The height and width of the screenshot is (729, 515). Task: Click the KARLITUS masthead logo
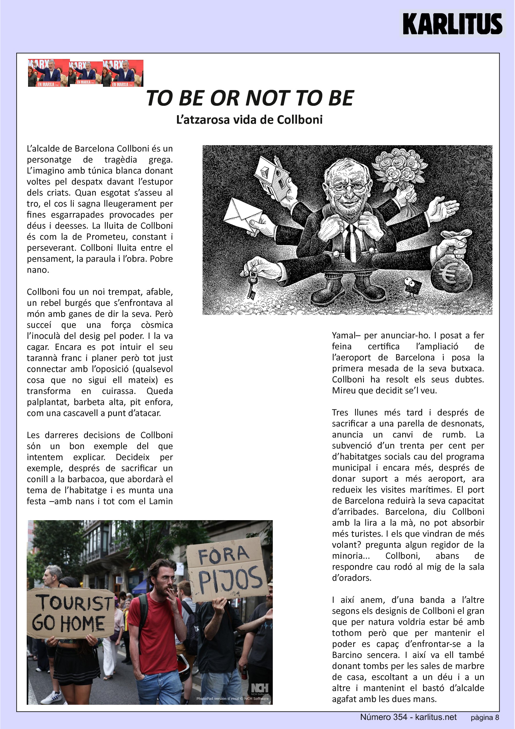click(452, 23)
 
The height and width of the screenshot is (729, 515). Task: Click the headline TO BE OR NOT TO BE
click(250, 98)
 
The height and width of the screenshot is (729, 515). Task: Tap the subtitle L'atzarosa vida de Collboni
click(249, 120)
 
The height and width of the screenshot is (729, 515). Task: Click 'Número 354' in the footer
click(383, 717)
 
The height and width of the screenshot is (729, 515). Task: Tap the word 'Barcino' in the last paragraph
click(347, 655)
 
